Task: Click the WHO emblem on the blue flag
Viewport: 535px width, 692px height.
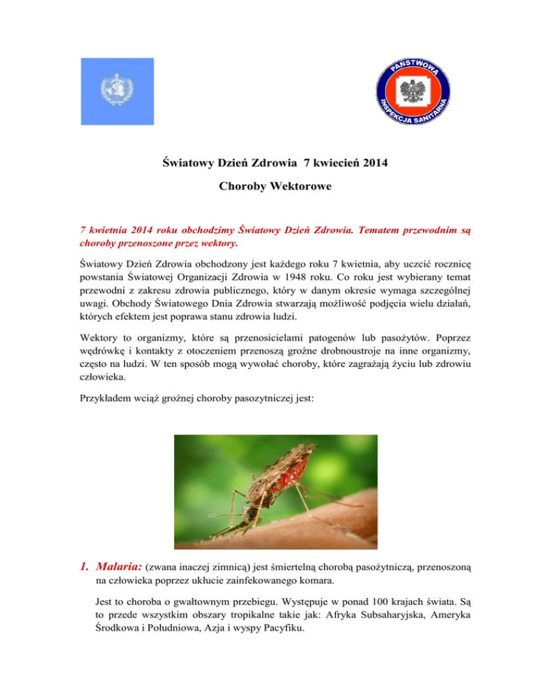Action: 115,91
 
